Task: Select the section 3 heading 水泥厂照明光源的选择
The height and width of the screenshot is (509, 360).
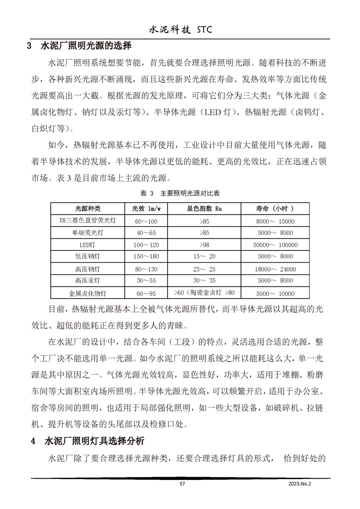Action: (x=86, y=46)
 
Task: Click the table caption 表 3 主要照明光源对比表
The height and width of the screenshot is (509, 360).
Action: (x=180, y=193)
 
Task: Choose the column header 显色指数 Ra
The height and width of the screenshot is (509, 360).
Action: (x=207, y=209)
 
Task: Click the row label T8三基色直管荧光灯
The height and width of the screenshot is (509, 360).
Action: (x=88, y=221)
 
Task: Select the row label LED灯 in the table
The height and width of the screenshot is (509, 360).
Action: (x=88, y=245)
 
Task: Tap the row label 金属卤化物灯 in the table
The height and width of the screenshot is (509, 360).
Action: (x=88, y=294)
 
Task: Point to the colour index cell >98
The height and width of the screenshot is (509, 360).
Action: (x=204, y=245)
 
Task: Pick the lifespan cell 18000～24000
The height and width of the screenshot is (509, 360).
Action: (x=275, y=269)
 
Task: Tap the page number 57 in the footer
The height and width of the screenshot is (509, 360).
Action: (x=182, y=484)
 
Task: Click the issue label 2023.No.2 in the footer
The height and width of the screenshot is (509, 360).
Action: (x=301, y=484)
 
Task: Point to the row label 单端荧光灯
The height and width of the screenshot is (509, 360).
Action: (x=88, y=233)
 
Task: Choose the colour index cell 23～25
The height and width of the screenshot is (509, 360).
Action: (x=204, y=269)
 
